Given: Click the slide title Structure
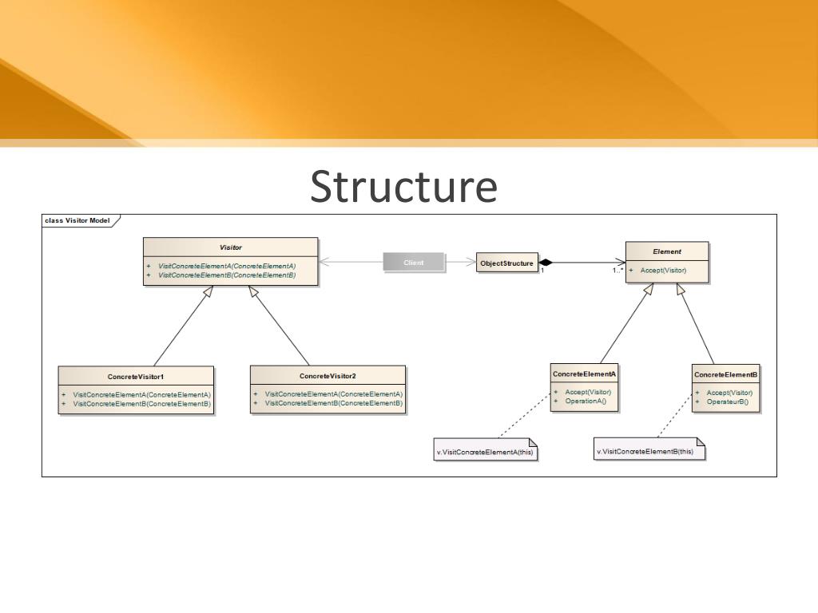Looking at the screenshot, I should (403, 187).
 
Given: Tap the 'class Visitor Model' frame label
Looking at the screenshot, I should (77, 220).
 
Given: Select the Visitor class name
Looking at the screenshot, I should (230, 247).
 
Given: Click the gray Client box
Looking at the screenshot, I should (414, 263).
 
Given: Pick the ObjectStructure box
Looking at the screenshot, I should (506, 263).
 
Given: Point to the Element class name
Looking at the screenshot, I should (666, 251).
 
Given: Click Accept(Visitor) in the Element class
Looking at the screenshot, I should (663, 271).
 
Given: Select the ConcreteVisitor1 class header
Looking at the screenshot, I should (136, 376).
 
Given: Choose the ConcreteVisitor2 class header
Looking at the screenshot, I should (328, 376).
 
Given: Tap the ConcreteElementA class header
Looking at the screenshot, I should (584, 374).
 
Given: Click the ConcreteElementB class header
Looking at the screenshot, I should (725, 374).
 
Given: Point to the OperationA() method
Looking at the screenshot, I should (586, 401).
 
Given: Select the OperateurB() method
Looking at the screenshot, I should (727, 401).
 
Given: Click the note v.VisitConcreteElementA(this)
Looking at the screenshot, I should (485, 452).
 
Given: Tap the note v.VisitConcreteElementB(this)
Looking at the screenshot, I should (645, 452).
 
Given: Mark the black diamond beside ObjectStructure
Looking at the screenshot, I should (546, 263).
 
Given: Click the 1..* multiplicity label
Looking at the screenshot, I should (617, 271).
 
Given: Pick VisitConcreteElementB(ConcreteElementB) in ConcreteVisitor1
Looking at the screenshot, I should (141, 404).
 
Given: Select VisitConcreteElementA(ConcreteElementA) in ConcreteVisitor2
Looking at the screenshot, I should (333, 394).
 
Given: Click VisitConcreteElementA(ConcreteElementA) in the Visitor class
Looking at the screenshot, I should (227, 266).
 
